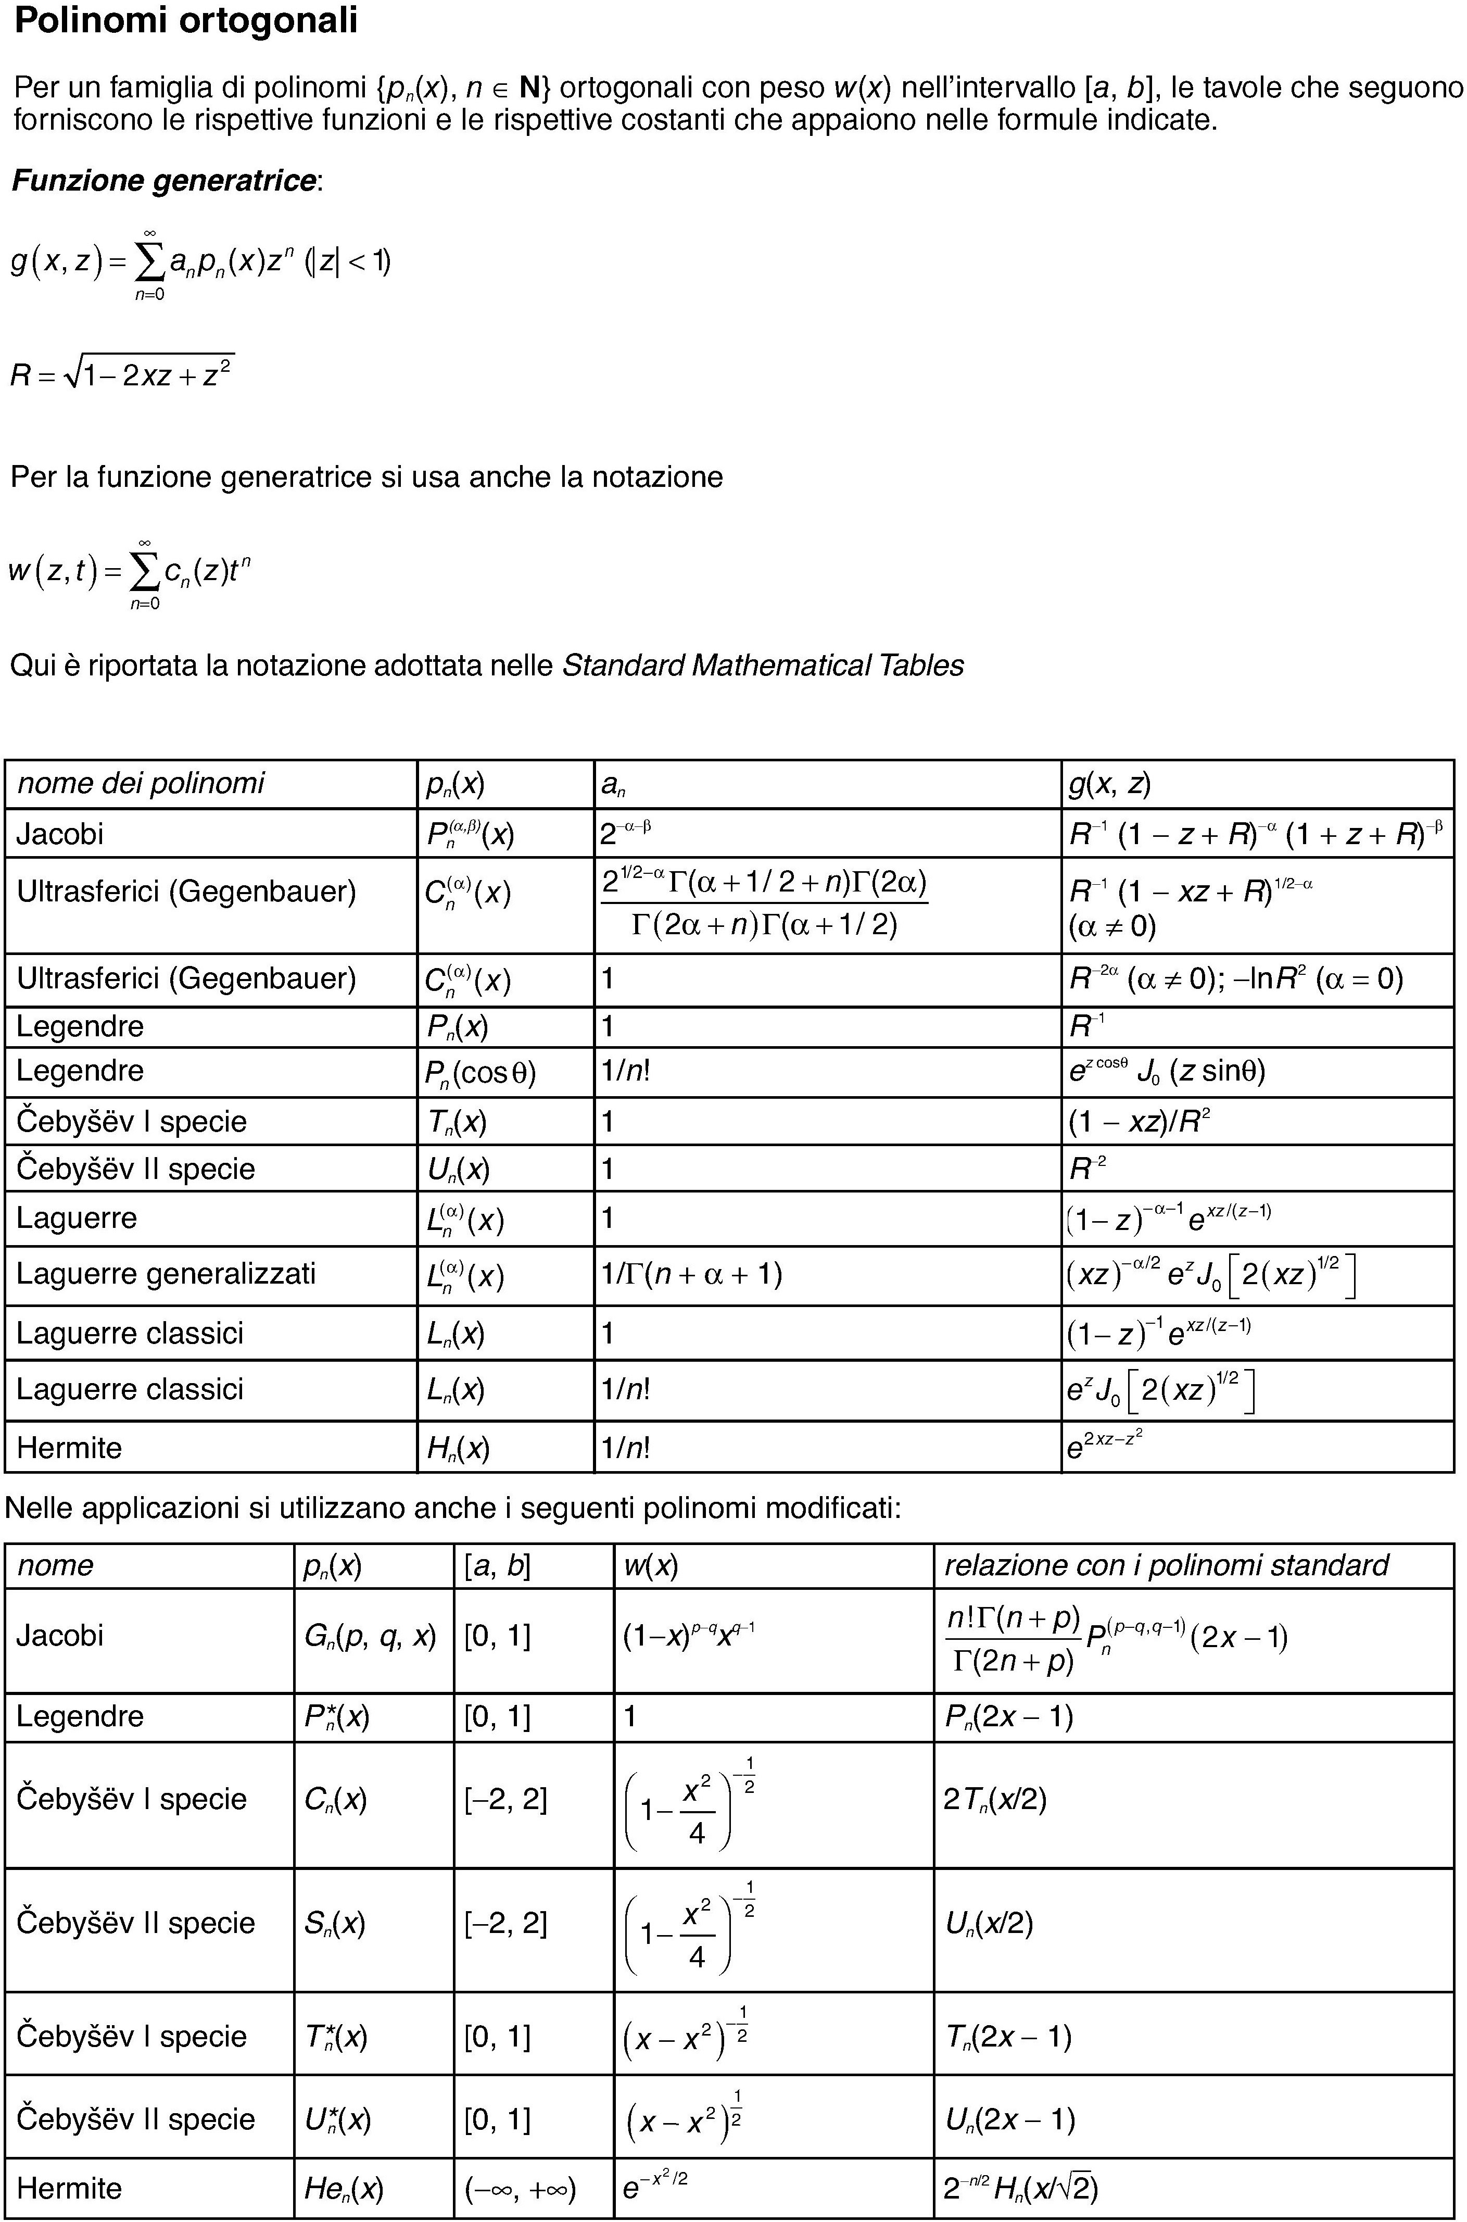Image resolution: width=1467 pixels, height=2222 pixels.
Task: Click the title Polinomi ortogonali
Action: pyautogui.click(x=186, y=21)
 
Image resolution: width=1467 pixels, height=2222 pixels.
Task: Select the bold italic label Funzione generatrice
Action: pyautogui.click(x=165, y=181)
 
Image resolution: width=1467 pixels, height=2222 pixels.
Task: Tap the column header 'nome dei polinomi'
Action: pyautogui.click(x=141, y=783)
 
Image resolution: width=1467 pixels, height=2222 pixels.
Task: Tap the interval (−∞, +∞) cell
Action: pyautogui.click(x=520, y=2188)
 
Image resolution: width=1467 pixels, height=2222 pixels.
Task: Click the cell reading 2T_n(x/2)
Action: pyautogui.click(x=994, y=1799)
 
